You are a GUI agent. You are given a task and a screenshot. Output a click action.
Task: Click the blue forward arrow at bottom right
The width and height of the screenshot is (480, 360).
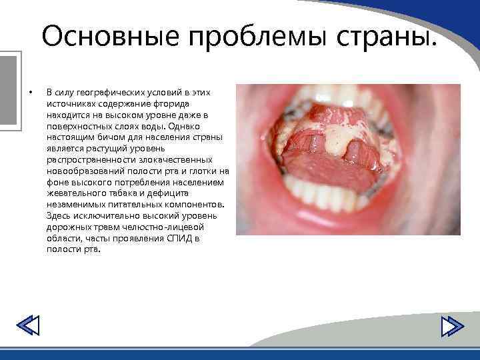pos(453,326)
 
